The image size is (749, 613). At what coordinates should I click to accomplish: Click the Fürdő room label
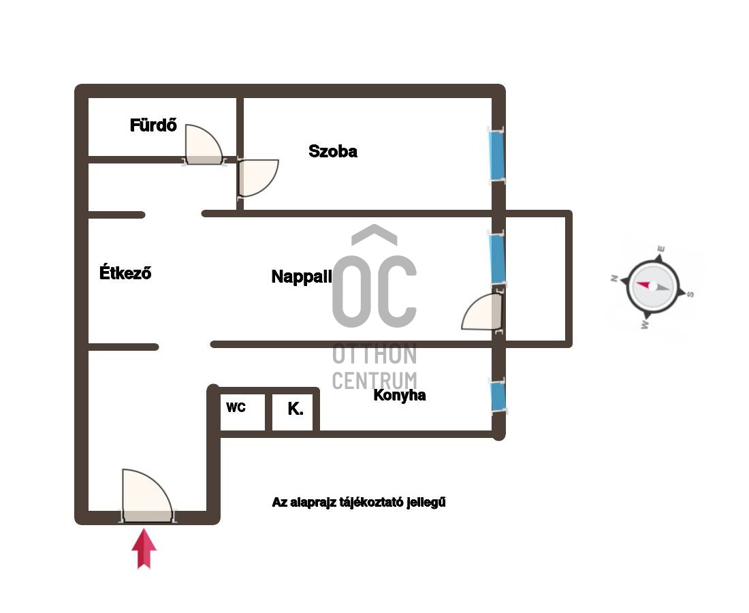[x=153, y=125]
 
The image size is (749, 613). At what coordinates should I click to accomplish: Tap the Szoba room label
[x=333, y=151]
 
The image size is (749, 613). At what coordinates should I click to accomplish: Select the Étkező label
[x=125, y=272]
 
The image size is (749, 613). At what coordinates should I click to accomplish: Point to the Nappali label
[x=302, y=277]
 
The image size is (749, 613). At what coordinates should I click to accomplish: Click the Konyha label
[x=399, y=395]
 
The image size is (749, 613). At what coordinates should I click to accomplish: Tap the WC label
[x=236, y=407]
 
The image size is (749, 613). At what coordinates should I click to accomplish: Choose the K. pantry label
[x=296, y=409]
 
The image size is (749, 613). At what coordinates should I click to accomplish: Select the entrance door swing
[x=147, y=495]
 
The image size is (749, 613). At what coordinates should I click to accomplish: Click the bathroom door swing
[x=204, y=144]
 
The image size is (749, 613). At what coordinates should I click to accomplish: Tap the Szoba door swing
[x=258, y=178]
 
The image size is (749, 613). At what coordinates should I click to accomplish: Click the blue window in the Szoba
[x=496, y=155]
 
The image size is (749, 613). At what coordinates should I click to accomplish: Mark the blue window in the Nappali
[x=497, y=259]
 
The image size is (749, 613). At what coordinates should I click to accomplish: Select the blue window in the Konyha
[x=498, y=396]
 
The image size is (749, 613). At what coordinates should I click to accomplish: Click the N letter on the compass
[x=615, y=278]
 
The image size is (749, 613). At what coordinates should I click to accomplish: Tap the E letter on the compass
[x=661, y=249]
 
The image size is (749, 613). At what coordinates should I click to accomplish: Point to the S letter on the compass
[x=690, y=294]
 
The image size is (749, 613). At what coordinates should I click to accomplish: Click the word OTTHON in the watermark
[x=374, y=354]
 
